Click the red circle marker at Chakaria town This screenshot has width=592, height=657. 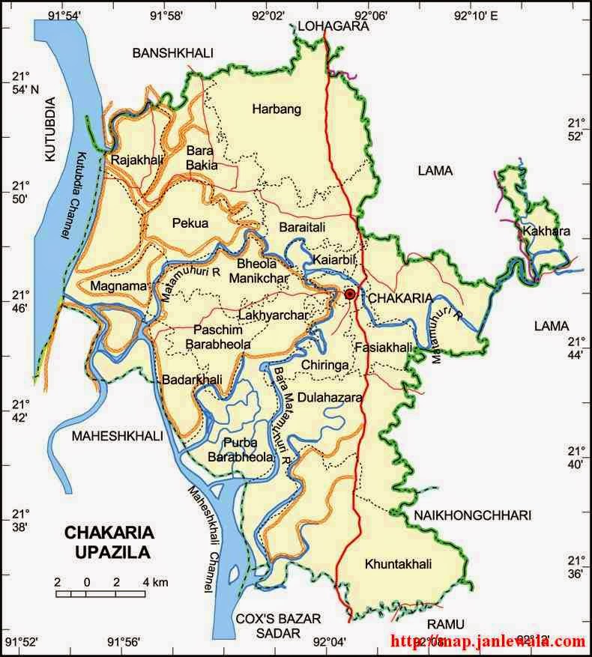point(349,294)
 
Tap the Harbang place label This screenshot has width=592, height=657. point(276,109)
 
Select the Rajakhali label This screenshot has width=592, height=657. point(132,159)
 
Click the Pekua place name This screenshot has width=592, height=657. point(190,222)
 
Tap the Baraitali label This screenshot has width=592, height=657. point(303,225)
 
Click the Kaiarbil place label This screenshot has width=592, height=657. point(332,258)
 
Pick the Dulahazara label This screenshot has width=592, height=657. point(330,397)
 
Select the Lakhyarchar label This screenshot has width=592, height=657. point(274,316)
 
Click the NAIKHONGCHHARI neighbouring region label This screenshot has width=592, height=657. point(471,515)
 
